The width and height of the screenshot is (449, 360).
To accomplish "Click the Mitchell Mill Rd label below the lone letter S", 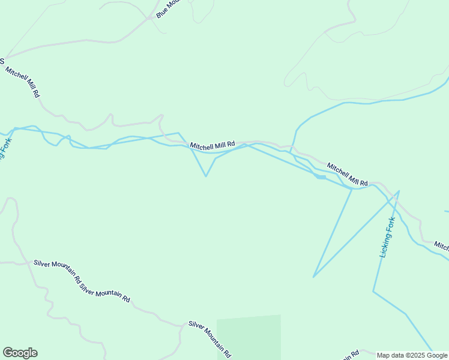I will [23, 82].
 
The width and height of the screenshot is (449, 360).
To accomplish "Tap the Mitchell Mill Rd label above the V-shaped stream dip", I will [212, 145].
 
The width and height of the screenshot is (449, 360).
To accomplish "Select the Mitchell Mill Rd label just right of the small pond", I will [347, 173].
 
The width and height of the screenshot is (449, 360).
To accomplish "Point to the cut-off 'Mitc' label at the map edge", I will [441, 246].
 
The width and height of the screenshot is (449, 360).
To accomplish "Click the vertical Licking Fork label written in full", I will [388, 237].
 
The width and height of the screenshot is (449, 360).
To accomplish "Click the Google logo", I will [20, 353].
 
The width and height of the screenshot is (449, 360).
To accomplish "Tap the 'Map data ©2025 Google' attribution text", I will [412, 355].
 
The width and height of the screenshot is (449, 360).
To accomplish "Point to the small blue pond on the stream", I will [321, 177].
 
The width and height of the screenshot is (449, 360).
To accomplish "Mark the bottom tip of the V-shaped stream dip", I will [206, 176].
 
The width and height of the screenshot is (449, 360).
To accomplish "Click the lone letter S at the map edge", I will [2, 61].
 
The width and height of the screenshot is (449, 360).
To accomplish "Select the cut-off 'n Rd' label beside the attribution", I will [351, 355].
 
